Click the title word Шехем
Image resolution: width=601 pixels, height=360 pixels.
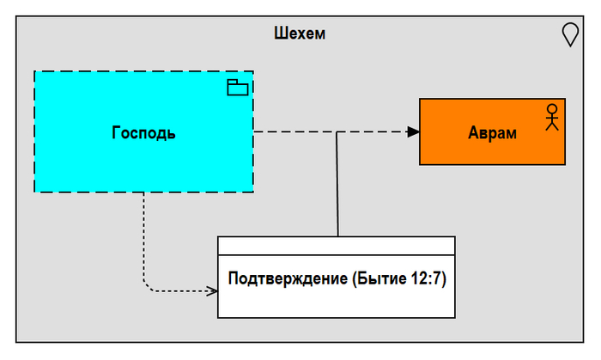tap(300, 34)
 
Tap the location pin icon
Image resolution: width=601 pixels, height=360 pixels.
tap(569, 34)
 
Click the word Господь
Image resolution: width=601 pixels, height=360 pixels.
tap(143, 132)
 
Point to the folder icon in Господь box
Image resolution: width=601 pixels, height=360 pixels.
tap(237, 87)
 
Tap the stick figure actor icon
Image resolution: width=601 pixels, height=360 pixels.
tap(552, 116)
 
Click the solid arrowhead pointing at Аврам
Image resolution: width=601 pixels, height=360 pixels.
tap(413, 131)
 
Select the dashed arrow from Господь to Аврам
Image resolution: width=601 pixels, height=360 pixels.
tap(292, 131)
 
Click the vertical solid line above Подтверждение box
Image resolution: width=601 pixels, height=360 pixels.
tap(337, 189)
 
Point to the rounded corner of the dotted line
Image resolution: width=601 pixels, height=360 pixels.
tap(147, 286)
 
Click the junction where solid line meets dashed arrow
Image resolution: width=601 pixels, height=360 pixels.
tap(337, 132)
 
